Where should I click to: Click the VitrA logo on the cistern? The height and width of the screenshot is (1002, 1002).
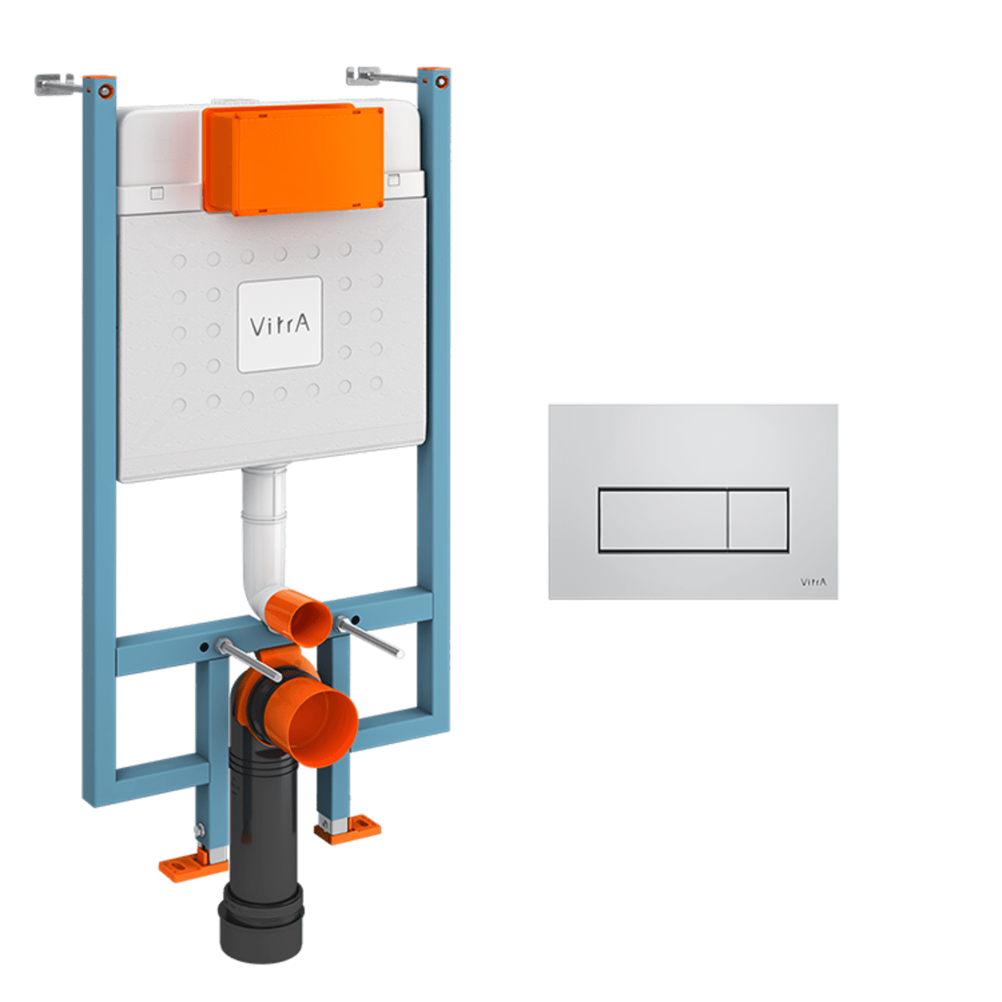(x=280, y=325)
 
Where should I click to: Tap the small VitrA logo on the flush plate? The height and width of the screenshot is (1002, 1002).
(x=812, y=582)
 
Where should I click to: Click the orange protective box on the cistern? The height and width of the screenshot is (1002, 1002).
(x=294, y=159)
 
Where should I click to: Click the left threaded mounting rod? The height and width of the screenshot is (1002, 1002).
(x=249, y=660)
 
